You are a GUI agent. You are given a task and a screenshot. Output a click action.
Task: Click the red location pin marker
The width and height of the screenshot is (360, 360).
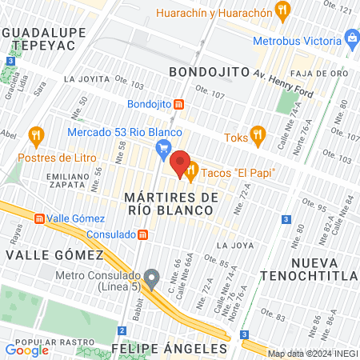[x=180, y=162]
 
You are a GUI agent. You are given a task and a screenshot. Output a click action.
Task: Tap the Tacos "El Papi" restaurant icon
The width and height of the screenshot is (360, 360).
[x=191, y=171]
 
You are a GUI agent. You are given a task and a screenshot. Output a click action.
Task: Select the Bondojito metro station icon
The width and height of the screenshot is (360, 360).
[x=179, y=104]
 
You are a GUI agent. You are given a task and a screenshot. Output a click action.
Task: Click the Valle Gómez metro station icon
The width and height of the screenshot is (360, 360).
[x=38, y=218]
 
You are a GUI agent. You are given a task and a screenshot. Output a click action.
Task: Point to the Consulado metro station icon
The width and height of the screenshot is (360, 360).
[x=142, y=234]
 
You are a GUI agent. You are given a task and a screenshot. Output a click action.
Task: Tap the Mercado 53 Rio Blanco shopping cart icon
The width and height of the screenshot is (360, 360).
[x=164, y=146]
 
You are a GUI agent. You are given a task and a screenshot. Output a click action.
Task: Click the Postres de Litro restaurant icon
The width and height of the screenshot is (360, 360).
[x=34, y=134]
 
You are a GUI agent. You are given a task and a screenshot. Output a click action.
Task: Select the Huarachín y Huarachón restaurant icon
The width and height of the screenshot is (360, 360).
[x=281, y=10]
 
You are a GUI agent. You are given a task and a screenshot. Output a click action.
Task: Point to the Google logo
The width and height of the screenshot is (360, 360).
[x=26, y=350]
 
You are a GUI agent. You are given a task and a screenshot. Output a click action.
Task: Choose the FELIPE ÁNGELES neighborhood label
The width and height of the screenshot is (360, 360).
[x=170, y=349]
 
